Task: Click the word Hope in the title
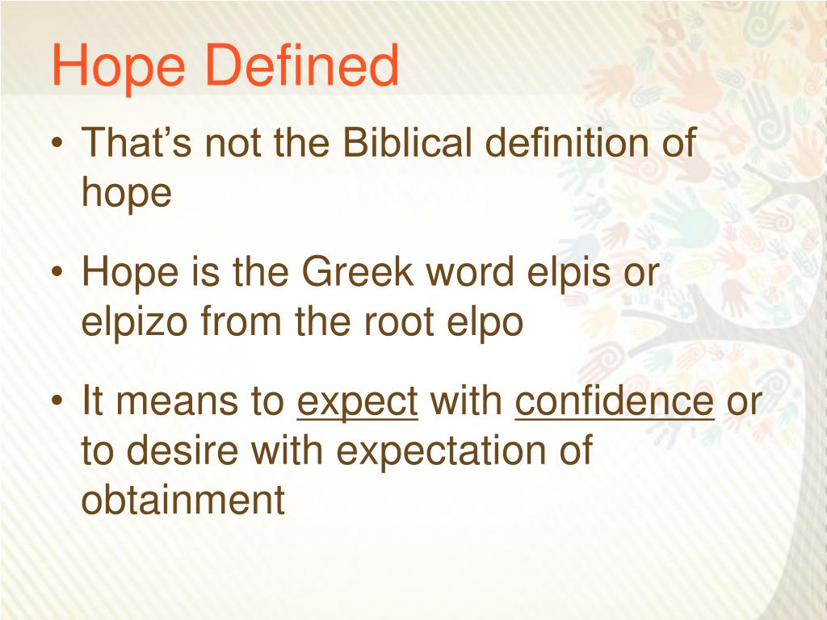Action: (113, 68)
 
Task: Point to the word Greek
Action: (360, 274)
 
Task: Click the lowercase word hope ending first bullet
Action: (127, 195)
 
